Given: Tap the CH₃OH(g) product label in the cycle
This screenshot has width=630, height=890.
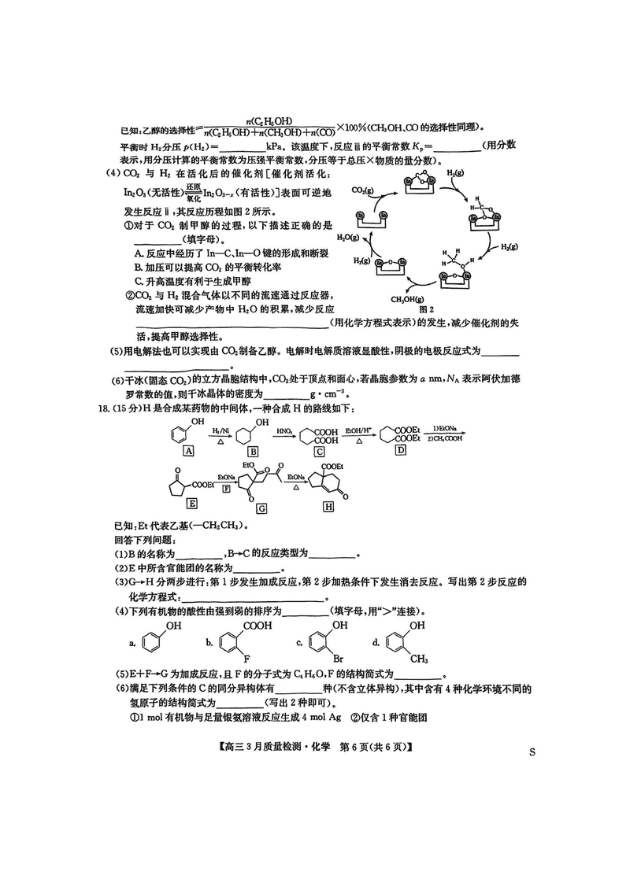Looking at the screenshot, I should point(408,299).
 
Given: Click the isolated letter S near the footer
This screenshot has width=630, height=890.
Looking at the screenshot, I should point(532,753).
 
